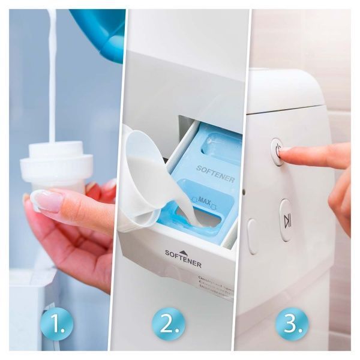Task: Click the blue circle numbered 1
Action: click(x=57, y=324)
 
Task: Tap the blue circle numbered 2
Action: click(x=168, y=324)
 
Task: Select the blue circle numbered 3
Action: click(x=292, y=324)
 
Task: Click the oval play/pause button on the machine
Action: click(x=287, y=221)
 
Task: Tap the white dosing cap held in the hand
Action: click(x=57, y=166)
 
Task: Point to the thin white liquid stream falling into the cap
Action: click(x=52, y=78)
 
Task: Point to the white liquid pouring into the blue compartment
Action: click(x=191, y=209)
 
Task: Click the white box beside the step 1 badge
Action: click(x=27, y=300)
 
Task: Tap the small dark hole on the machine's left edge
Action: click(x=244, y=192)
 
